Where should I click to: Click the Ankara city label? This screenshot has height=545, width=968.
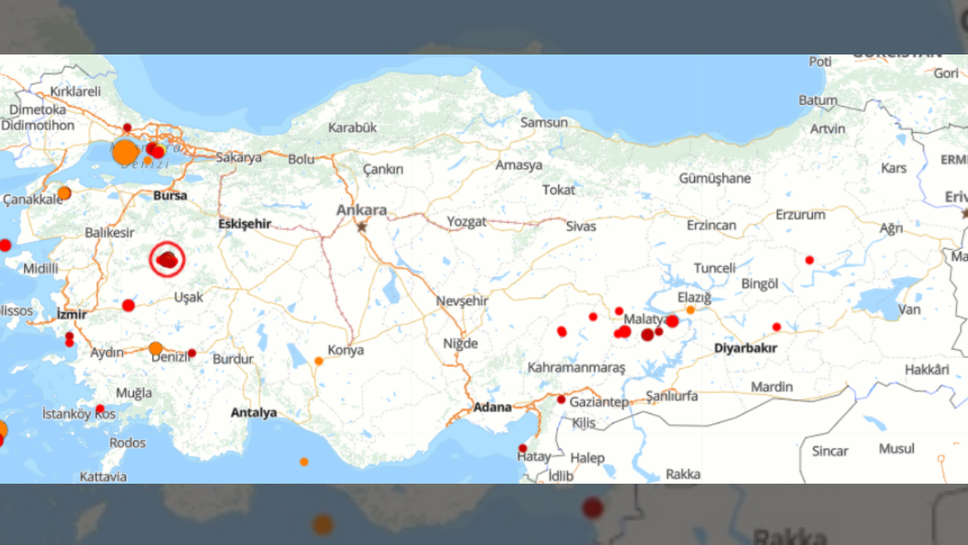[361, 210]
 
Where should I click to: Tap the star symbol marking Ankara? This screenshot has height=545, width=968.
[362, 226]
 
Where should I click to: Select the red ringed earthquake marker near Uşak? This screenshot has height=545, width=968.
[167, 260]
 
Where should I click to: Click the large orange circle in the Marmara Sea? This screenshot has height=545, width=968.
[126, 152]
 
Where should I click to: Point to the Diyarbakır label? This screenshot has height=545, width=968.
[745, 348]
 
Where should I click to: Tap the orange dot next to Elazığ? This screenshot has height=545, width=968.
[690, 310]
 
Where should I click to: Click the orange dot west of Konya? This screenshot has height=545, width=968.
[319, 361]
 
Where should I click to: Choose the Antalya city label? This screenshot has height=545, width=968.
[253, 413]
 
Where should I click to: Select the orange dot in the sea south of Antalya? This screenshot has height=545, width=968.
[304, 462]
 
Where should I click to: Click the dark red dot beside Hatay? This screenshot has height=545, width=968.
[523, 448]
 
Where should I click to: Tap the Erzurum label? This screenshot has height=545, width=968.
[800, 215]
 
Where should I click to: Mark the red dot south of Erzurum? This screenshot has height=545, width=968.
[809, 260]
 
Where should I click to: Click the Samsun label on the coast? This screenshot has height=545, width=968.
[544, 123]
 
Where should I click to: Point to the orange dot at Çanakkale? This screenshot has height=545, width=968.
[64, 193]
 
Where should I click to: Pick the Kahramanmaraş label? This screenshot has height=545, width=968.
[576, 368]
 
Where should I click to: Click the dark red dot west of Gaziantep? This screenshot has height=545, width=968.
[561, 399]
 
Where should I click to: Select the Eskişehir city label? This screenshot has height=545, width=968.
[244, 224]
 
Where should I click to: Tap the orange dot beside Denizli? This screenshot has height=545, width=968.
[156, 348]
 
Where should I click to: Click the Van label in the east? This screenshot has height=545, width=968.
[909, 309]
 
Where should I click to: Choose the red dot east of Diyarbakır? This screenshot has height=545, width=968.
[777, 327]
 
